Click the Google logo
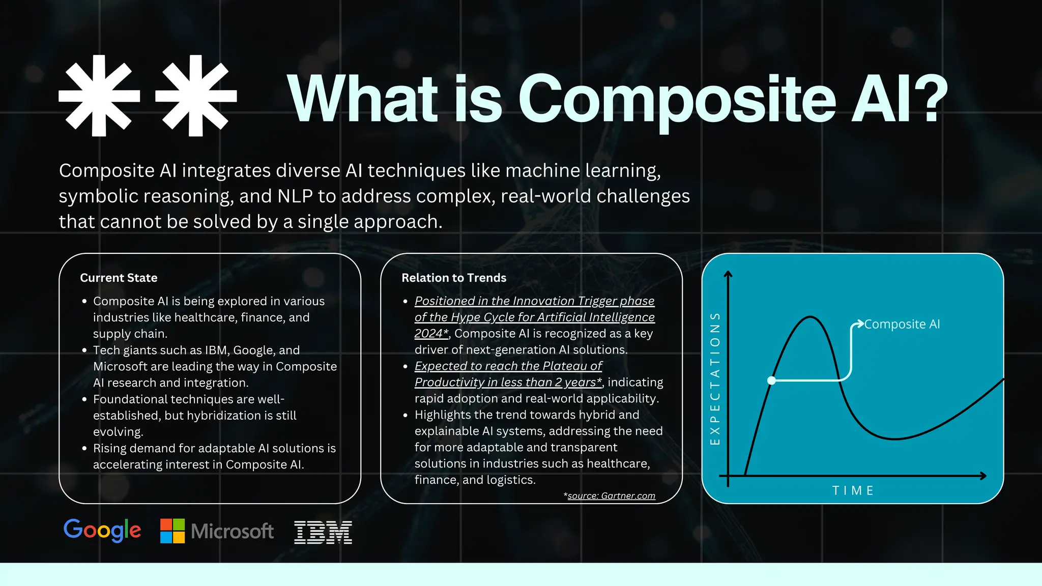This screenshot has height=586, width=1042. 102,531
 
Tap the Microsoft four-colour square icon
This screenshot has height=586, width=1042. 172,531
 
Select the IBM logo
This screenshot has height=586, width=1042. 323,532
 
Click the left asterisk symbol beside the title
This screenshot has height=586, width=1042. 99,96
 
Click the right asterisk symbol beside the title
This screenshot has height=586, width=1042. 196,96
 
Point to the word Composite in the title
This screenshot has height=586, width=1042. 677,99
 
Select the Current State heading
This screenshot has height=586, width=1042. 119,278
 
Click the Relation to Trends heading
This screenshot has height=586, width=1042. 454,278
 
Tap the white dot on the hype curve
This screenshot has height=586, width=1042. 771,380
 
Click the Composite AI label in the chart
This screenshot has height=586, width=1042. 902,324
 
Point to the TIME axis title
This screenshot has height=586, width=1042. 853,490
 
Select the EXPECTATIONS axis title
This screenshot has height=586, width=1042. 715,378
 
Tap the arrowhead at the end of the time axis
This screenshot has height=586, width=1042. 983,476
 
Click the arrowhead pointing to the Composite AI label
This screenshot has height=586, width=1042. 860,324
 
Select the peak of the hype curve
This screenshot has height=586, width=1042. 810,317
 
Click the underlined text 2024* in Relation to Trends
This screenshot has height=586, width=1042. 431,333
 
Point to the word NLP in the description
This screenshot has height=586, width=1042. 295,196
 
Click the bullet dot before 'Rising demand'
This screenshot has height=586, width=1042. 84,449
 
